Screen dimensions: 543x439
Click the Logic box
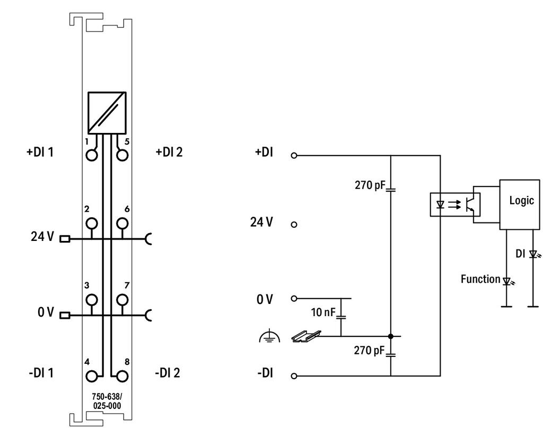(520, 204)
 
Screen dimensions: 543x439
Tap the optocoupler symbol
(455, 204)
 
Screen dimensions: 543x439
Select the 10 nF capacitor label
(323, 312)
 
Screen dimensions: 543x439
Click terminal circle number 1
(92, 155)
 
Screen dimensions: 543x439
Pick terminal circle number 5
(122, 155)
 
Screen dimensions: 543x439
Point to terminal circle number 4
(92, 376)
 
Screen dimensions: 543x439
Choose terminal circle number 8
(122, 376)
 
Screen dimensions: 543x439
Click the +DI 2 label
(169, 152)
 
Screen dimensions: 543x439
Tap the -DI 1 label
(41, 373)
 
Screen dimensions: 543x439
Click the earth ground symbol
(269, 337)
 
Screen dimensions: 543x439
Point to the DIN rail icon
(306, 336)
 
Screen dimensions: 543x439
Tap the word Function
(480, 279)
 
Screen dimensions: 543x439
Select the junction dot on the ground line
(391, 336)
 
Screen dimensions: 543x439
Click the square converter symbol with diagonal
(107, 113)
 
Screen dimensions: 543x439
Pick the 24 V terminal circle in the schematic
(294, 225)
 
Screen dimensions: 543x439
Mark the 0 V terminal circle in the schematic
(294, 298)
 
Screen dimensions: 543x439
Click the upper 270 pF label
(370, 185)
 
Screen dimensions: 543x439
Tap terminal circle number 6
(122, 223)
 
